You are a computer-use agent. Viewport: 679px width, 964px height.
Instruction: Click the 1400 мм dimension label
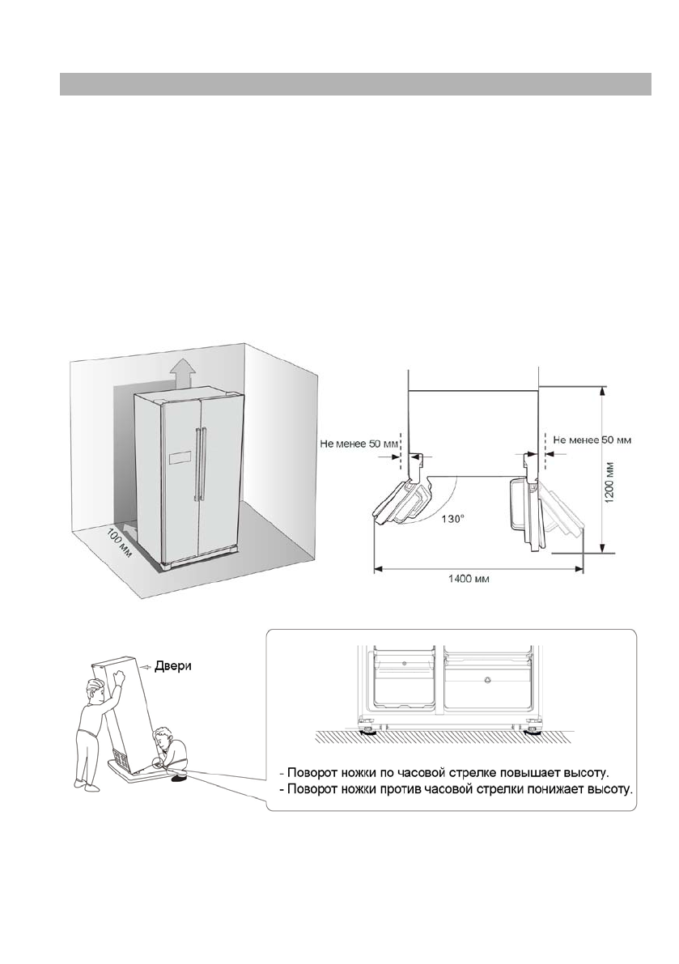[x=469, y=579]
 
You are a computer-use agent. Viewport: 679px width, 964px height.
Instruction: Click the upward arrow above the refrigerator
[x=183, y=375]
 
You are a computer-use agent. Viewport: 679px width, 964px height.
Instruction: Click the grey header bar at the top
[x=355, y=83]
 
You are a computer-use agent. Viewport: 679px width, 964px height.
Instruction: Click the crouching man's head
[x=165, y=737]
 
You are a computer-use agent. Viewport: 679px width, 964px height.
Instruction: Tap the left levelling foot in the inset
[x=369, y=731]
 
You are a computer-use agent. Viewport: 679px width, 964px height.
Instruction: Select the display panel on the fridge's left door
[x=177, y=459]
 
